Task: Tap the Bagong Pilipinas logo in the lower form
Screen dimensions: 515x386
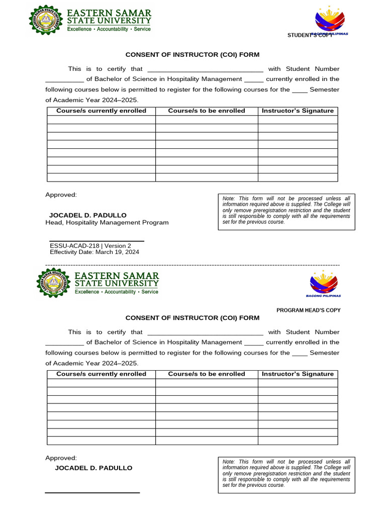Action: point(323,284)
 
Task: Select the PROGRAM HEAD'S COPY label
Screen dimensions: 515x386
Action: point(308,310)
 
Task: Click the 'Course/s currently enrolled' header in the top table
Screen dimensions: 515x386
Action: point(101,111)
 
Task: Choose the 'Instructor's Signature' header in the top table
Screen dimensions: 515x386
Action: point(298,111)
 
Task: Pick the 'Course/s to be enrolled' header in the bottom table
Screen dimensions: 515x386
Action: point(207,374)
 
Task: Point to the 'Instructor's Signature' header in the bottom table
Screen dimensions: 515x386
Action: point(298,374)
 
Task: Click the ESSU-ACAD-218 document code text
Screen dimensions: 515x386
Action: point(90,246)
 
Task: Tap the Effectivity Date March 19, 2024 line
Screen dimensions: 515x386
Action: point(94,252)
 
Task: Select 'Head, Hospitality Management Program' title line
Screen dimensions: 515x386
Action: point(107,222)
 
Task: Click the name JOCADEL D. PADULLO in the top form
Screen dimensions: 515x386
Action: point(87,215)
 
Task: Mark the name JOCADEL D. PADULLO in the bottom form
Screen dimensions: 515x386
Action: point(93,468)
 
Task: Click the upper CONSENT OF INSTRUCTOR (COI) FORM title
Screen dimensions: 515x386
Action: point(192,55)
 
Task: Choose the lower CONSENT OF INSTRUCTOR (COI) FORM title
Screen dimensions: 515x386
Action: point(192,318)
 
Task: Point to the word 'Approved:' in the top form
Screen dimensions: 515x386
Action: point(61,195)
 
